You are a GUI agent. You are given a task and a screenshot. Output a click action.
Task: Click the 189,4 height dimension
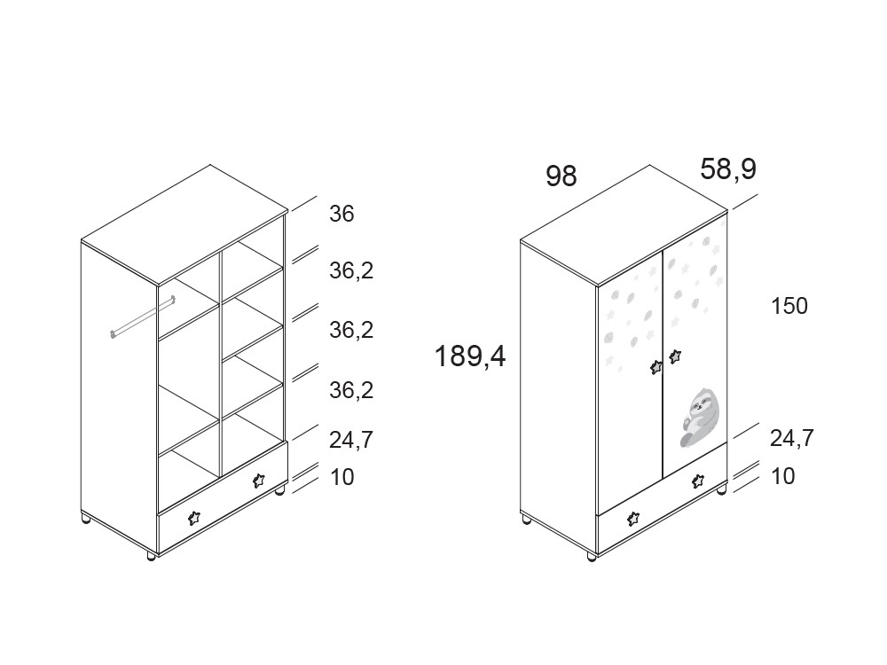pos(470,356)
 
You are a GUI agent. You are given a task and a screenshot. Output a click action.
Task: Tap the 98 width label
pos(561,176)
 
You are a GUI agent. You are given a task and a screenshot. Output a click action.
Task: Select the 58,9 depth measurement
pos(728,169)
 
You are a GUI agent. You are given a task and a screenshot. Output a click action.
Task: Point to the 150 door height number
pos(789,306)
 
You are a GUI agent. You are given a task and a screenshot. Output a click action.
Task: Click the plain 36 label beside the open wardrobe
pos(341,214)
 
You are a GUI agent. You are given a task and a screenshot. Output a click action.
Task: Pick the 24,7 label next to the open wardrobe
pos(350,440)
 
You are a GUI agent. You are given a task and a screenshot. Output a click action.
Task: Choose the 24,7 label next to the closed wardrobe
pos(791,438)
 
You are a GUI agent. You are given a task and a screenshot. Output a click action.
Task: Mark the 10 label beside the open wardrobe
pos(341,477)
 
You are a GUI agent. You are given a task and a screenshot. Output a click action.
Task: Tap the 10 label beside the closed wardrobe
pos(783,476)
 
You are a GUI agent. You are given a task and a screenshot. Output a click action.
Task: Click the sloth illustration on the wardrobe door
pos(699,418)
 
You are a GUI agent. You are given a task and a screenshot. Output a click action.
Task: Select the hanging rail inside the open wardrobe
pos(143,317)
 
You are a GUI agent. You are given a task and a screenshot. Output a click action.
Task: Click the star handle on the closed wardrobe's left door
pos(656,367)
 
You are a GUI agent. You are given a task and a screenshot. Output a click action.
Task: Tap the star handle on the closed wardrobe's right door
pos(675,356)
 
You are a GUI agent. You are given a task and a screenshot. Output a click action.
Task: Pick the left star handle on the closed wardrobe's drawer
pos(633,518)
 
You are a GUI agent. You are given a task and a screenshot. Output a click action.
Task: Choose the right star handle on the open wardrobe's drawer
pos(258,481)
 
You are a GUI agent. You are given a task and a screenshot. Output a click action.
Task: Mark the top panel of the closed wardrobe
pos(624,225)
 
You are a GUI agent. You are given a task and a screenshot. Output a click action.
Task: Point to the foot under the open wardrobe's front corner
pos(151,557)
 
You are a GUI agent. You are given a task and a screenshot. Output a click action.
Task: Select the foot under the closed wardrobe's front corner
pos(591,557)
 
